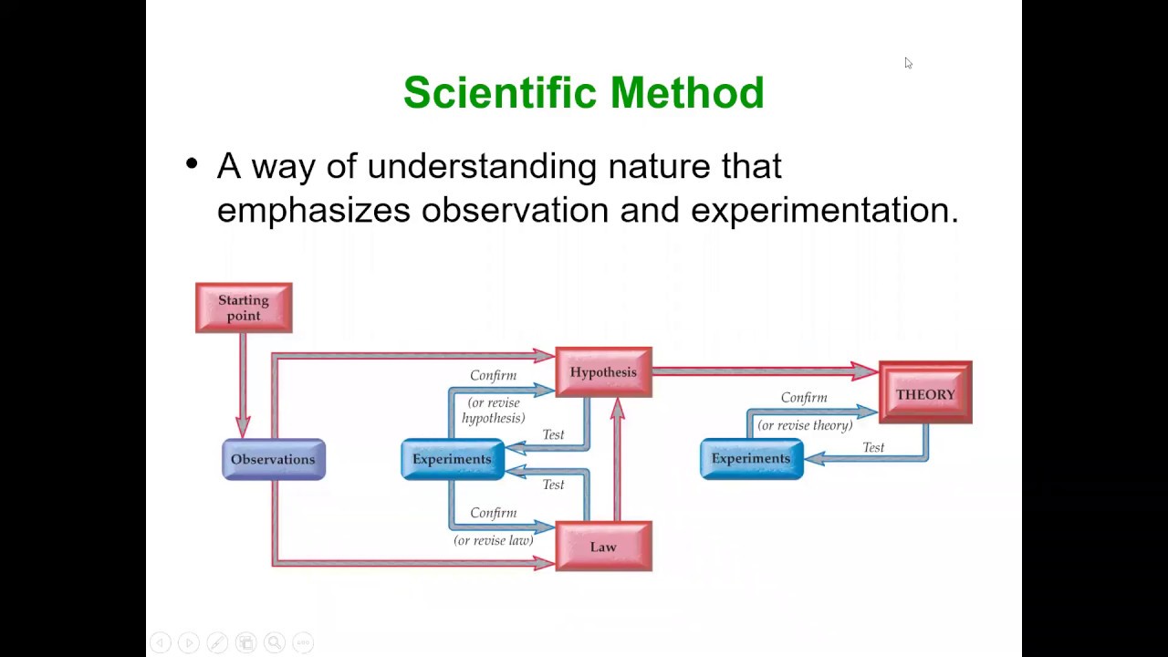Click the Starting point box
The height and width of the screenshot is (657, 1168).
pos(244,308)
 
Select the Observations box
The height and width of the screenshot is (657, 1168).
pos(273,459)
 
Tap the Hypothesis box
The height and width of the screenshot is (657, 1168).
pos(603,371)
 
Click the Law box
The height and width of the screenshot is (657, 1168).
pos(603,546)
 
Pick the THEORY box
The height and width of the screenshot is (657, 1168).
pos(925,393)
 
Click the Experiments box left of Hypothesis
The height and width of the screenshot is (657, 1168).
pos(452,459)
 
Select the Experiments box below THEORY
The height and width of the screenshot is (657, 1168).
pos(751,459)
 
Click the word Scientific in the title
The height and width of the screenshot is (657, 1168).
pos(500,93)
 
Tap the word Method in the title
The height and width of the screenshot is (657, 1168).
pos(687,93)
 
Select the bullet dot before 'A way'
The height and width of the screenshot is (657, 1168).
pos(192,165)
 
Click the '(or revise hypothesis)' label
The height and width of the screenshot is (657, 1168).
pos(493,411)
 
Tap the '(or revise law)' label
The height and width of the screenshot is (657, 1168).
pos(493,540)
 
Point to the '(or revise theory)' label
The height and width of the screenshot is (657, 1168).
pos(805,425)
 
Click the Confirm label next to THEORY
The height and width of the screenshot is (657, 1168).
pos(804,398)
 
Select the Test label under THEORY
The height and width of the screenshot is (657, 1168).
pos(873,447)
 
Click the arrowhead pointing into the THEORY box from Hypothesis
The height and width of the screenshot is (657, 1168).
pos(865,370)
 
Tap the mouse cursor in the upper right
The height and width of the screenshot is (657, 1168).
pos(908,63)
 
